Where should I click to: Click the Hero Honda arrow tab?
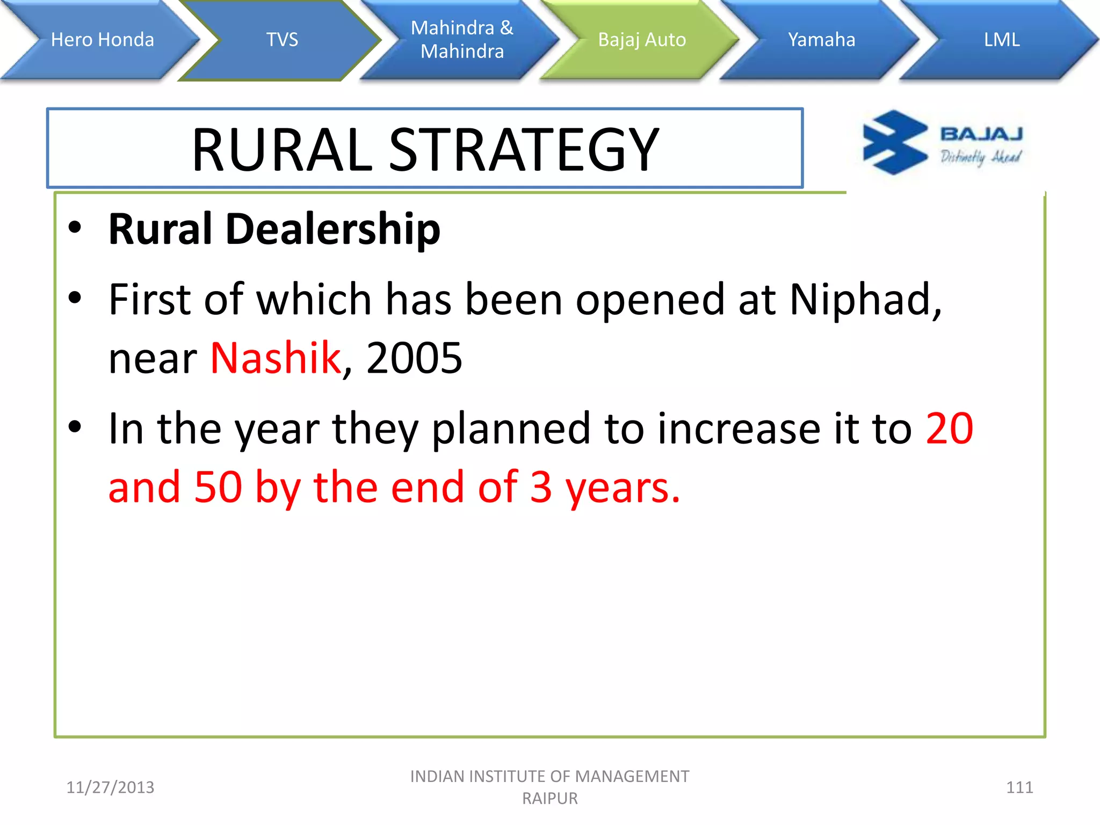pyautogui.click(x=102, y=40)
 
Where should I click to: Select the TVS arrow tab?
pyautogui.click(x=282, y=40)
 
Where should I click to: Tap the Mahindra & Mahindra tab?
pyautogui.click(x=462, y=40)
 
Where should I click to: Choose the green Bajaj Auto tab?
pyautogui.click(x=642, y=40)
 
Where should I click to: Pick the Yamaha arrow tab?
pyautogui.click(x=821, y=40)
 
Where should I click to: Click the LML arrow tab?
pyautogui.click(x=1001, y=40)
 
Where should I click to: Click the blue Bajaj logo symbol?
pyautogui.click(x=894, y=143)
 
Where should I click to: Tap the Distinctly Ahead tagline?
pyautogui.click(x=980, y=157)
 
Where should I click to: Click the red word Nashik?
pyautogui.click(x=276, y=358)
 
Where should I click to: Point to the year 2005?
pyautogui.click(x=414, y=358)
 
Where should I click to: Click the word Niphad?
pyautogui.click(x=865, y=299)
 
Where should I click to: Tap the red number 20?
pyautogui.click(x=949, y=429)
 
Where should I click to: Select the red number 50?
pyautogui.click(x=218, y=487)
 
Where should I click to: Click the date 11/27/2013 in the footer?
pyautogui.click(x=110, y=787)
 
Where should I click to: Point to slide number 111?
pyautogui.click(x=1019, y=787)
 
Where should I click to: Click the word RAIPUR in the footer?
pyautogui.click(x=550, y=799)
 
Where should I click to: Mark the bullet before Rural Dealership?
pyautogui.click(x=75, y=228)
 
